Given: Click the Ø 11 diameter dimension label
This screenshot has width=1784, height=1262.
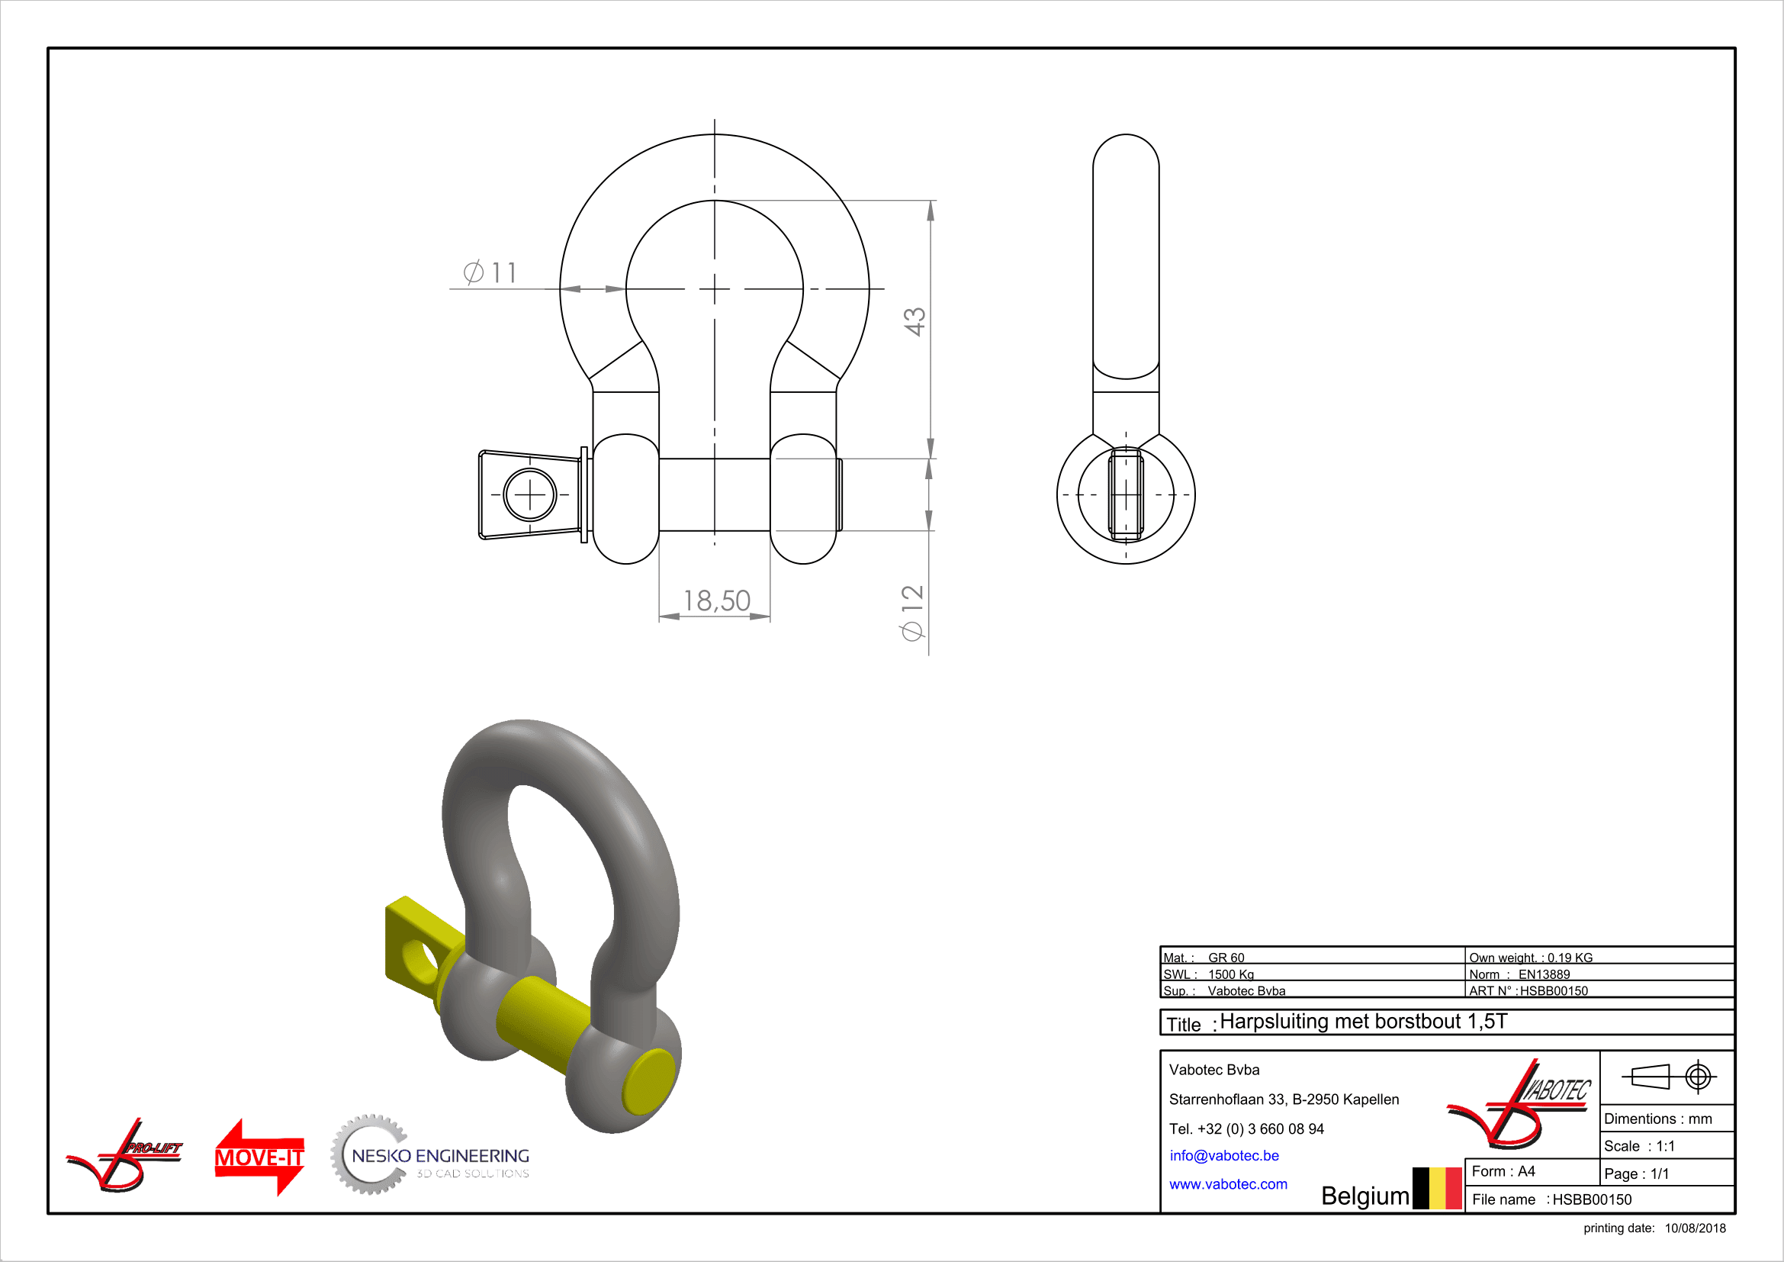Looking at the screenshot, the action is [x=490, y=272].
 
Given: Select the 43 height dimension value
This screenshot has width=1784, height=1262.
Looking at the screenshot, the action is [x=915, y=321].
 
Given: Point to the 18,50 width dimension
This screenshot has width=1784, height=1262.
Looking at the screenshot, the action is [x=716, y=600].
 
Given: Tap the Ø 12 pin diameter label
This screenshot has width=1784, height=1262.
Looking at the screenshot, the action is [x=912, y=613].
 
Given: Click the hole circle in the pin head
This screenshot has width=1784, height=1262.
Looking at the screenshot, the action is [x=530, y=494].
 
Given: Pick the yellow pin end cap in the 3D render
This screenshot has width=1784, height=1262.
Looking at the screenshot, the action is [x=648, y=1081].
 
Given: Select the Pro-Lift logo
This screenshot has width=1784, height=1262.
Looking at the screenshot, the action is [x=124, y=1155].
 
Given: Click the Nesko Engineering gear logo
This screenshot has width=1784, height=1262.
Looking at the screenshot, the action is [x=429, y=1155].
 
